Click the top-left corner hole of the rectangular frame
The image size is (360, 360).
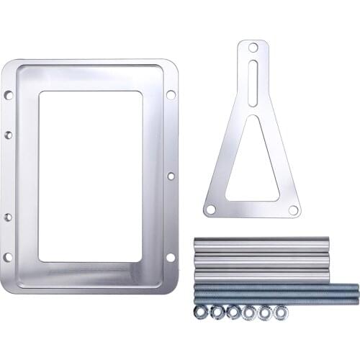[x=8, y=94]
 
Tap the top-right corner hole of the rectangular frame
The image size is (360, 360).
[x=171, y=94]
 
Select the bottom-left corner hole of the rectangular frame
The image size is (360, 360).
[x=8, y=257]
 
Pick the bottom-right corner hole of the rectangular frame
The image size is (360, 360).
[x=171, y=257]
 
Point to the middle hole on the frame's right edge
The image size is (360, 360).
[x=171, y=176]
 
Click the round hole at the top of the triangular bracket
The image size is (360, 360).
[x=253, y=48]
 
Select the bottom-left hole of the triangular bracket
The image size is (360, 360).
[x=210, y=210]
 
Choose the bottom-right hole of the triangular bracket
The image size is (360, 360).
[x=293, y=210]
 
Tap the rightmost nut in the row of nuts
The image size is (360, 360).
[x=282, y=312]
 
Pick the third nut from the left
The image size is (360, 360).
[x=233, y=312]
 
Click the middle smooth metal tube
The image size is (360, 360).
[x=261, y=260]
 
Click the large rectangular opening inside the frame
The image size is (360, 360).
[x=90, y=176]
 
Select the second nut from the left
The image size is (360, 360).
[x=217, y=312]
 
